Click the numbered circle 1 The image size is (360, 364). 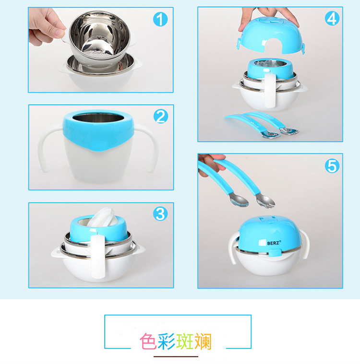coord(160,19)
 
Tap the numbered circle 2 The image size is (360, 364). coord(161,116)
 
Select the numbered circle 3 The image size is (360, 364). coord(160,214)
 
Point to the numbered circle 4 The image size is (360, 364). coord(332,19)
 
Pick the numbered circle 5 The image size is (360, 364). coord(332,166)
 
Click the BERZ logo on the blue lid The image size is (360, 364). coord(270,243)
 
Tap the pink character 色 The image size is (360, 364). coord(148,341)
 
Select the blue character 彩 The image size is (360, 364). coord(167,341)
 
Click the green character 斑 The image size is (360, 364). coord(185,341)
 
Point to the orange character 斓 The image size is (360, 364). coord(203,341)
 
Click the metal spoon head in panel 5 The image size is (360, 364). coord(239,200)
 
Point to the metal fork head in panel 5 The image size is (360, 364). coord(265,201)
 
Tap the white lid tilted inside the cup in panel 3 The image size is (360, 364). coord(102,217)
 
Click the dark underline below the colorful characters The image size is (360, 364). coord(176,356)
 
